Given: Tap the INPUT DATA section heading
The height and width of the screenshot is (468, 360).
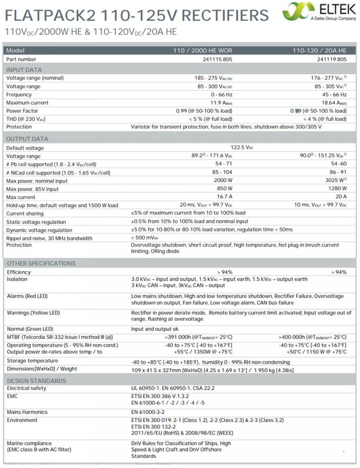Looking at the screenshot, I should (x=24, y=70).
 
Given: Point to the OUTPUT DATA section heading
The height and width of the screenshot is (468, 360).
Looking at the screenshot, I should (x=27, y=139).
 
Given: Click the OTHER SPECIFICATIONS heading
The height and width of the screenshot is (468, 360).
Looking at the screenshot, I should (x=41, y=263).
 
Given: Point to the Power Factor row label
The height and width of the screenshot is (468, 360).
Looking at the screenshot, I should (x=22, y=111).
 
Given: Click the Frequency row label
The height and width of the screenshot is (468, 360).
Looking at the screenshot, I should (x=19, y=94).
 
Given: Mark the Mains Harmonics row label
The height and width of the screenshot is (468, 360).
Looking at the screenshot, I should (x=27, y=411).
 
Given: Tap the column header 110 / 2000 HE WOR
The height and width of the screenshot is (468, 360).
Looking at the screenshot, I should (x=203, y=50).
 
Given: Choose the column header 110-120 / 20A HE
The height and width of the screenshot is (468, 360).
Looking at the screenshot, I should (x=320, y=50).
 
